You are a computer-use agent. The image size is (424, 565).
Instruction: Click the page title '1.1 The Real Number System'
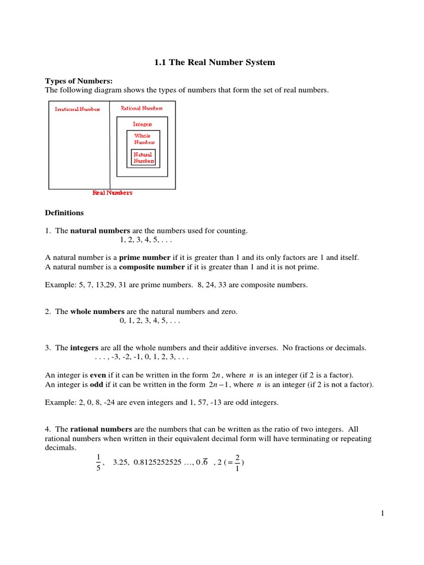click(214, 62)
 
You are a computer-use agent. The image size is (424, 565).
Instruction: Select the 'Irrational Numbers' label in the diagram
click(77, 109)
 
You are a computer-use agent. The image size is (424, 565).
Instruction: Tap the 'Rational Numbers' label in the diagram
click(142, 109)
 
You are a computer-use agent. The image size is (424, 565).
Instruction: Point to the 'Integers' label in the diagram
click(142, 124)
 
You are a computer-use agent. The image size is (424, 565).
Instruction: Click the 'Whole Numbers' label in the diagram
click(143, 138)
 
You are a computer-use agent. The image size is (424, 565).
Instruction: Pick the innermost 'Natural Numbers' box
click(143, 158)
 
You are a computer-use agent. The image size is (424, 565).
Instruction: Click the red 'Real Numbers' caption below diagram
click(113, 193)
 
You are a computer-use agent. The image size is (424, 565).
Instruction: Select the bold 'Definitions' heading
click(64, 212)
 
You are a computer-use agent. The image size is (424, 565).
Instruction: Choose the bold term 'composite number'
click(152, 267)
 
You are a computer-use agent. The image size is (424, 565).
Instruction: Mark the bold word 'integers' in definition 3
click(84, 348)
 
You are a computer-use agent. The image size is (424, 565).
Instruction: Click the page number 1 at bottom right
click(381, 514)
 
